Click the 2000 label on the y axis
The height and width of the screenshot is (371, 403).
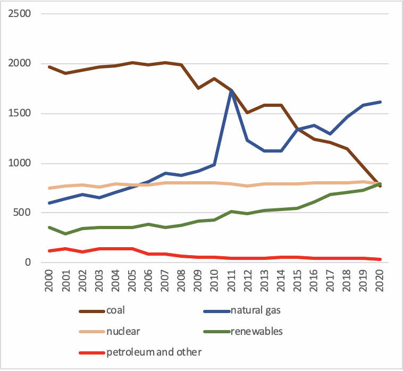19,63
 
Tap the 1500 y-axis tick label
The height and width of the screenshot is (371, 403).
19,113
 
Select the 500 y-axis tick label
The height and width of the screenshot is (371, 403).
22,213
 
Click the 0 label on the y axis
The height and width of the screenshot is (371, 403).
29,263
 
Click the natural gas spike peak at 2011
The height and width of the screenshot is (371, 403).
232,90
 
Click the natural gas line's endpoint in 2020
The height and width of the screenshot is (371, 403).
380,102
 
